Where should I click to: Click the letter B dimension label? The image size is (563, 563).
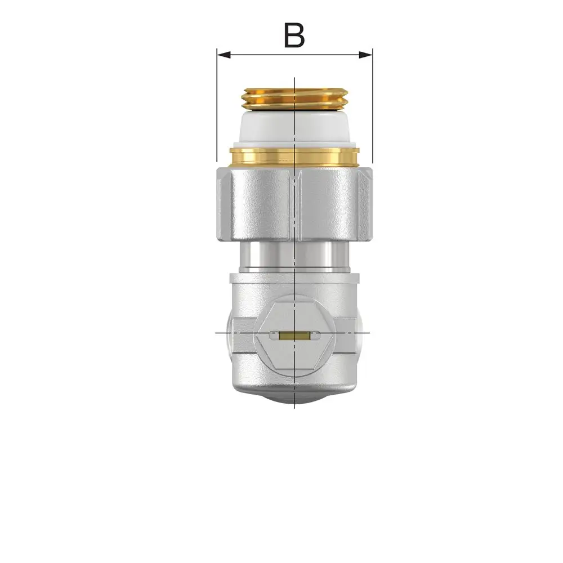294,35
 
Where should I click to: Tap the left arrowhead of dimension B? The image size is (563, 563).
224,55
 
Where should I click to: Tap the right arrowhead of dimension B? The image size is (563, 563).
366,55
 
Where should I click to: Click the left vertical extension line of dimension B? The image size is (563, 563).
217,105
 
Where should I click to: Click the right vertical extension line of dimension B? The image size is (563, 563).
372,105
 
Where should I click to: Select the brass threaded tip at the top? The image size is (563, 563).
294,99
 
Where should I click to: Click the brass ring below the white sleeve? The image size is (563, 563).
294,157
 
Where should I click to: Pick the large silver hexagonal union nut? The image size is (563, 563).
294,204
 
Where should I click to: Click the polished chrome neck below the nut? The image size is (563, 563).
294,257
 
